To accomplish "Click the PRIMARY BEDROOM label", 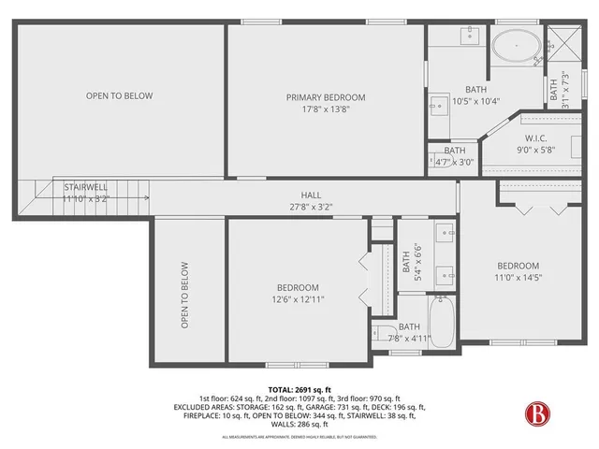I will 325,97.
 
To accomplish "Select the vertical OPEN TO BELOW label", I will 185,294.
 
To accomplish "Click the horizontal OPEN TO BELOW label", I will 119,95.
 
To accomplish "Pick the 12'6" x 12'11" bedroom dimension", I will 298,299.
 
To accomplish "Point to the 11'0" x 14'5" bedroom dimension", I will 518,277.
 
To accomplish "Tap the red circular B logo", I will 536,413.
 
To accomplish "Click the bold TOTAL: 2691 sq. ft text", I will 299,390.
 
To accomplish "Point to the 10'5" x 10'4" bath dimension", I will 476,101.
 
